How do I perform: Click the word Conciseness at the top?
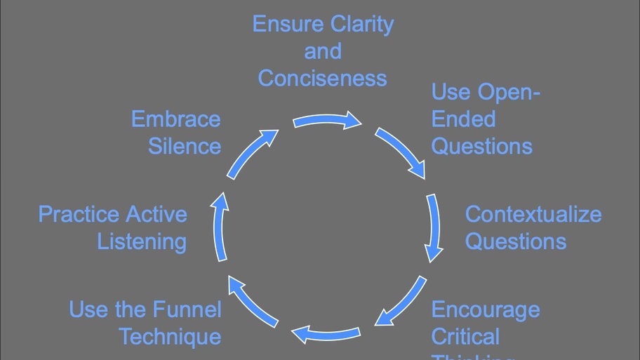[322, 78]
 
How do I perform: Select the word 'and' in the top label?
[323, 51]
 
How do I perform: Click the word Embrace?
[175, 119]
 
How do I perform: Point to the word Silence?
[184, 146]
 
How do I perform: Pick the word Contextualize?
[533, 214]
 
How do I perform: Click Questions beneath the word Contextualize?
[515, 241]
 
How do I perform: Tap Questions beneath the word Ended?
[481, 146]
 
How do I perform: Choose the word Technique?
[170, 337]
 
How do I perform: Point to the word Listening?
[142, 241]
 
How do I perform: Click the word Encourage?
[485, 309]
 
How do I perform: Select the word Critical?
[465, 337]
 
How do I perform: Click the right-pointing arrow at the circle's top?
[327, 121]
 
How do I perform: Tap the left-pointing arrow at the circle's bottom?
[326, 333]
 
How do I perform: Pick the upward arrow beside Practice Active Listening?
[220, 228]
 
